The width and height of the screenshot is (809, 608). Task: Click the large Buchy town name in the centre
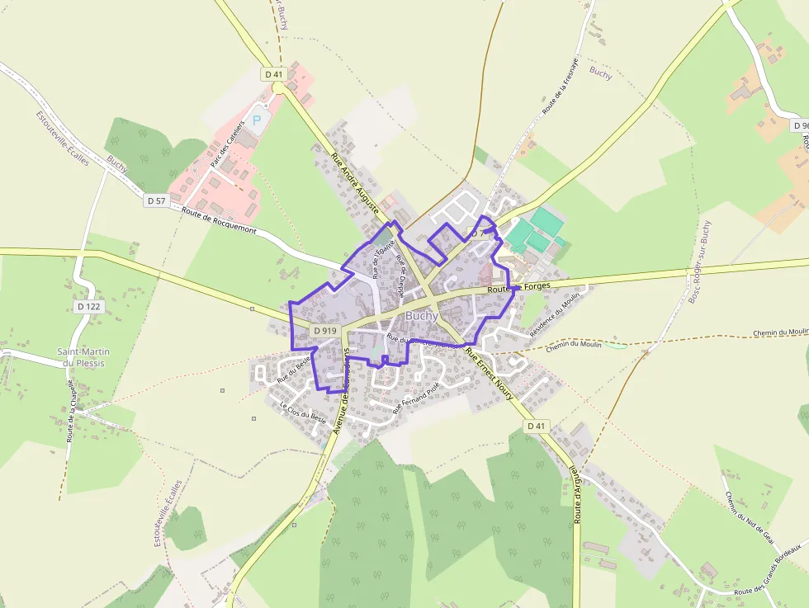422,316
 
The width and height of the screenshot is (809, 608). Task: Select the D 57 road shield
155,200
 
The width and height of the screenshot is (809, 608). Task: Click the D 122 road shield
88,306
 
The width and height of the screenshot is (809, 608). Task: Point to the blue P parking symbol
256,120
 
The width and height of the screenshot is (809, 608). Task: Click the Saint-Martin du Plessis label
83,357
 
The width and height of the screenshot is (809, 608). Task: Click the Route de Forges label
518,288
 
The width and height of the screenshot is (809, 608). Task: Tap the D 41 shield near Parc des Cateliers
274,74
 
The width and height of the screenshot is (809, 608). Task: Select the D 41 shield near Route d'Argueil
537,426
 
